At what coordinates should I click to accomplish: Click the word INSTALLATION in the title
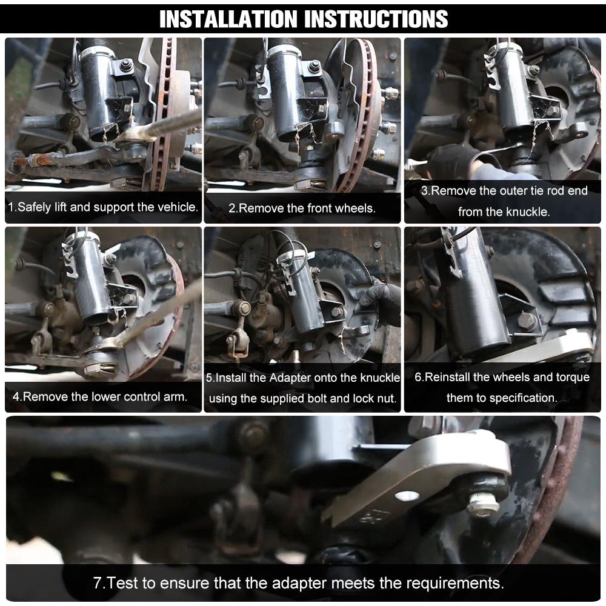tap(228, 19)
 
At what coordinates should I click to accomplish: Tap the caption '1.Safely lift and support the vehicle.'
tap(103, 207)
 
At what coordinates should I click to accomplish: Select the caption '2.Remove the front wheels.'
tap(302, 208)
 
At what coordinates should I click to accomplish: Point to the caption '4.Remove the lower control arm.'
tap(100, 398)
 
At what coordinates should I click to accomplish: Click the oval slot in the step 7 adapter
tap(407, 496)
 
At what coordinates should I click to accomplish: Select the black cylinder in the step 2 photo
tap(285, 91)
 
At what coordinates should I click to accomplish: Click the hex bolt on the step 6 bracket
tap(526, 322)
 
